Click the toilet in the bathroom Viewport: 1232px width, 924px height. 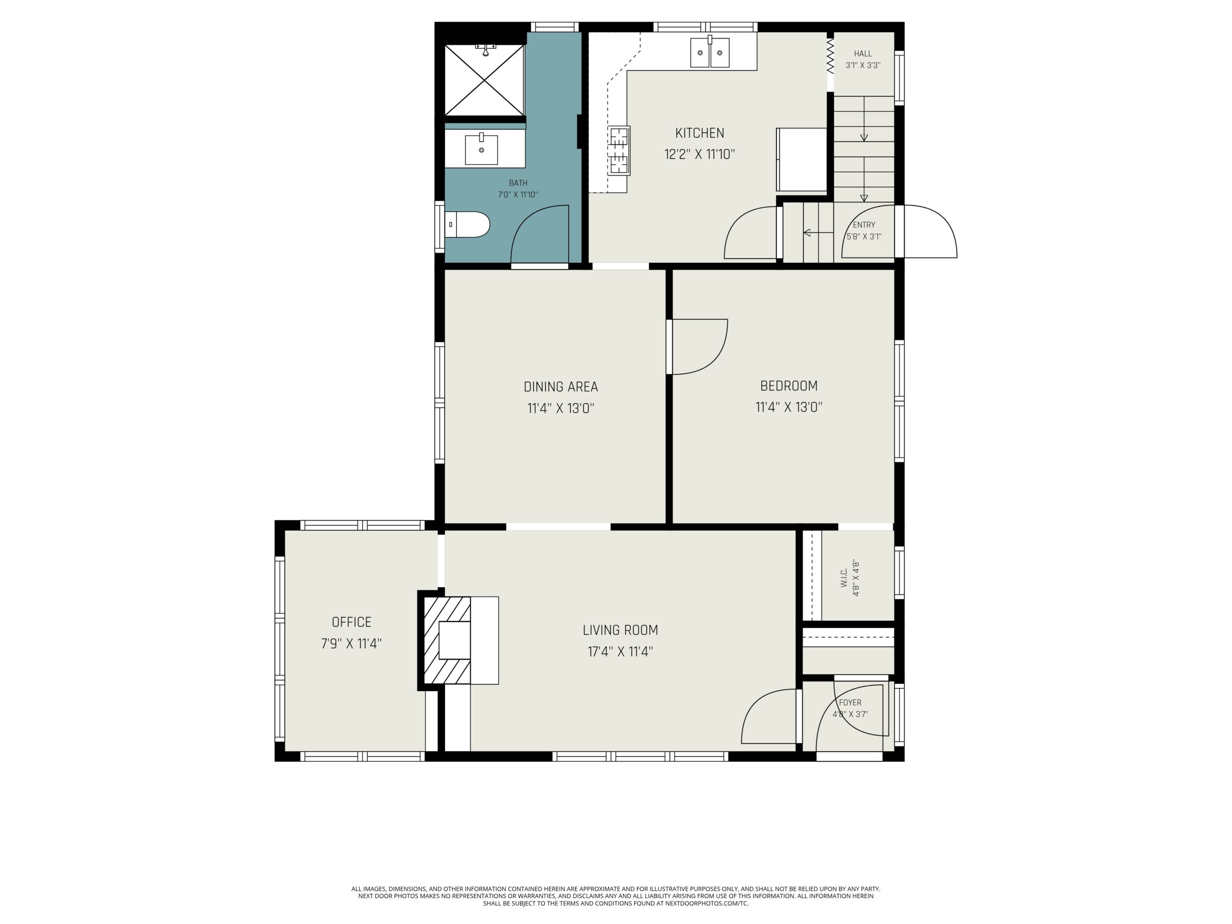coord(467,224)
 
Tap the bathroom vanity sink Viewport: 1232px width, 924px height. coord(481,149)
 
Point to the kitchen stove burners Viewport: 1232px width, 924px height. coord(619,150)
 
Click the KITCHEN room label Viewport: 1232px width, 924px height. coord(700,133)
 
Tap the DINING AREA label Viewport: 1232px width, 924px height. coord(561,386)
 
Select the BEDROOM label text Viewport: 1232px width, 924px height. coord(789,385)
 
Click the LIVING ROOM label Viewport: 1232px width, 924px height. coord(620,630)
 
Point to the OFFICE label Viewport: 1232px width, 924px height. coord(351,622)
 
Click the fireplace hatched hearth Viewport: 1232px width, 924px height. coord(447,641)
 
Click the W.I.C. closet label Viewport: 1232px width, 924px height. coord(843,577)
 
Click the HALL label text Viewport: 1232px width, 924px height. coord(863,53)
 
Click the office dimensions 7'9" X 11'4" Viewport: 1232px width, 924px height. coord(351,644)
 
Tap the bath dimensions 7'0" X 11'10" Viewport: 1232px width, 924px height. coord(518,194)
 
